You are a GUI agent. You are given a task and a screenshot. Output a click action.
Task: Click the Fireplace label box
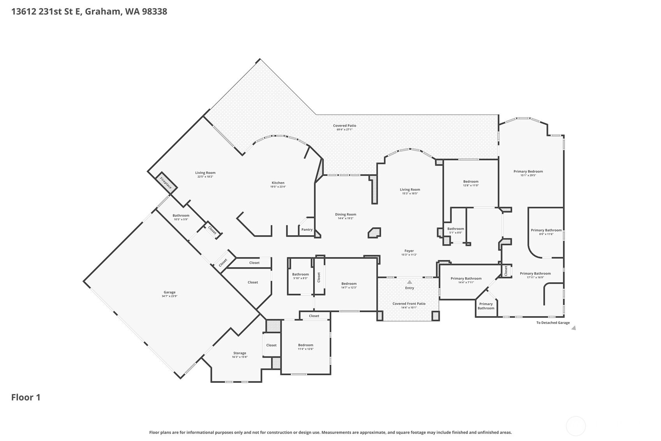(x=166, y=183)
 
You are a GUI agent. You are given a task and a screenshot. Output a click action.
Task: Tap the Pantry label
(x=307, y=230)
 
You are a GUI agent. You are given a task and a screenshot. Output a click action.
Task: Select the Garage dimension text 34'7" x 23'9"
(x=169, y=296)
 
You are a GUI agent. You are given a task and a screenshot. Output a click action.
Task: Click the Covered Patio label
(x=344, y=126)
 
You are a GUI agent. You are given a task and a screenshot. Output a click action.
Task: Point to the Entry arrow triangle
(x=409, y=282)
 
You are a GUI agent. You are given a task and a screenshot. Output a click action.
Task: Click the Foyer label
(x=409, y=251)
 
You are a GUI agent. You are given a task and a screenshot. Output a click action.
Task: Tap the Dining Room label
(x=345, y=214)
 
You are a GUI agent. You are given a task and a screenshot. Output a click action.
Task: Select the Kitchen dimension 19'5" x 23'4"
(x=278, y=187)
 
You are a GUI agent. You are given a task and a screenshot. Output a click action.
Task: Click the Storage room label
(x=240, y=353)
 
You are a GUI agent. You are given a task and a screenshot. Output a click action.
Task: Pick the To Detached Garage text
(x=553, y=323)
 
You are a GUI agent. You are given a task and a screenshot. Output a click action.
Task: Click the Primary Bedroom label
(x=528, y=171)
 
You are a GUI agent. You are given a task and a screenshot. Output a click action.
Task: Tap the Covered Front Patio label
(x=409, y=303)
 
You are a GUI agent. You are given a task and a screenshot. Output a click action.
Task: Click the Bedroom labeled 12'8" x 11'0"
(x=471, y=181)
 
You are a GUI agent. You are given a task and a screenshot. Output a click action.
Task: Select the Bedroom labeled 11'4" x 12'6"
(x=305, y=345)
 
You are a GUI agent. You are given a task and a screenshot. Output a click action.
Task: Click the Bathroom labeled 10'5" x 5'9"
(x=181, y=215)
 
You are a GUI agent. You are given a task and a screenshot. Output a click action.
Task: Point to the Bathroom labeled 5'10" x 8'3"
(x=300, y=274)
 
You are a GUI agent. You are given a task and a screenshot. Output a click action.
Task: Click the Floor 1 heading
(x=26, y=397)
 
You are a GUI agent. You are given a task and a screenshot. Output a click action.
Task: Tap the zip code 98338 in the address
(x=155, y=11)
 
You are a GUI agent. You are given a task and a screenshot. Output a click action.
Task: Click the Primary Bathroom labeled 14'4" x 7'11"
(x=466, y=278)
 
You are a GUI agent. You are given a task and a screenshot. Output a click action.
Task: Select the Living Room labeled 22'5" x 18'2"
(x=205, y=173)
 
